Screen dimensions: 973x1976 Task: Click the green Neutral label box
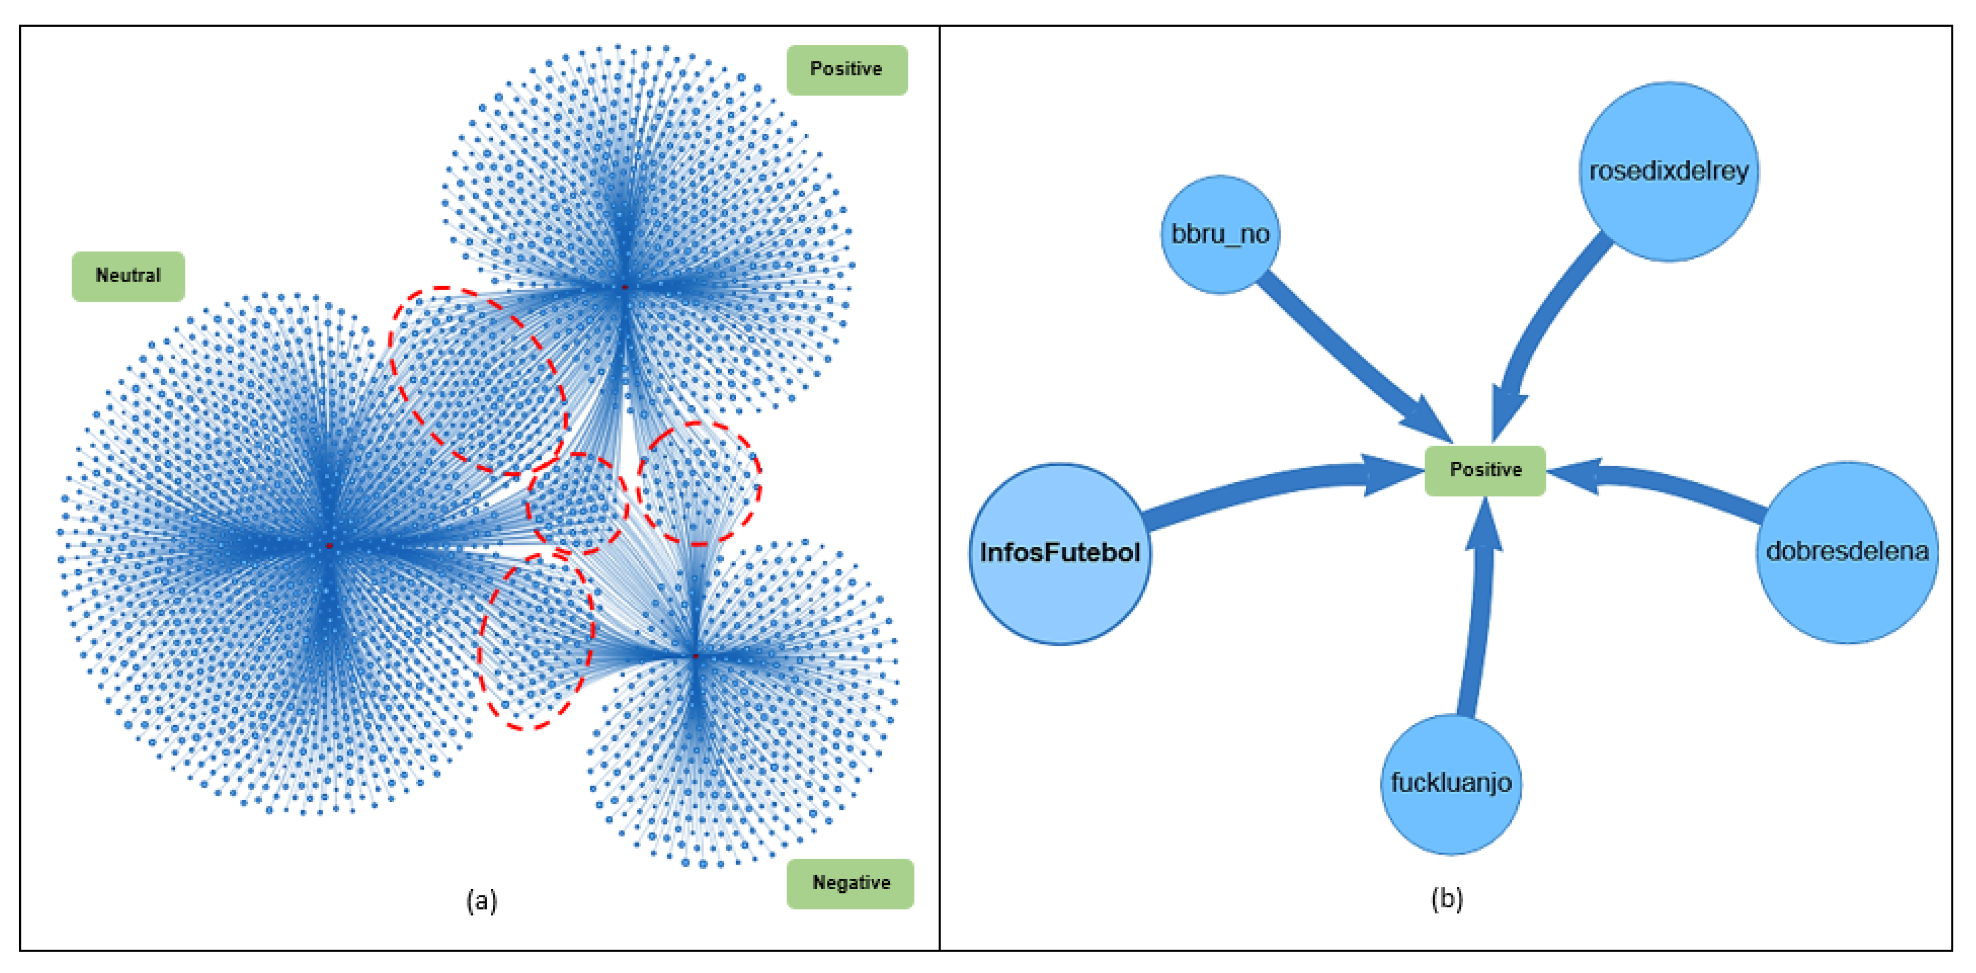128,276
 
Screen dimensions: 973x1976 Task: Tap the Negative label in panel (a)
850,883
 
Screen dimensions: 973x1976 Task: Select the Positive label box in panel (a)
846,70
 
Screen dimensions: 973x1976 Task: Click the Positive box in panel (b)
1485,470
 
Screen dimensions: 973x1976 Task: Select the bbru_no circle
1220,234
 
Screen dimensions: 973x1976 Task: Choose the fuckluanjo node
1450,783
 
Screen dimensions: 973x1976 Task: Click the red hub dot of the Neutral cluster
329,545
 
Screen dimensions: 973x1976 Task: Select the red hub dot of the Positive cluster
625,287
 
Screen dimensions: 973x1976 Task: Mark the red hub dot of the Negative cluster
695,656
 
